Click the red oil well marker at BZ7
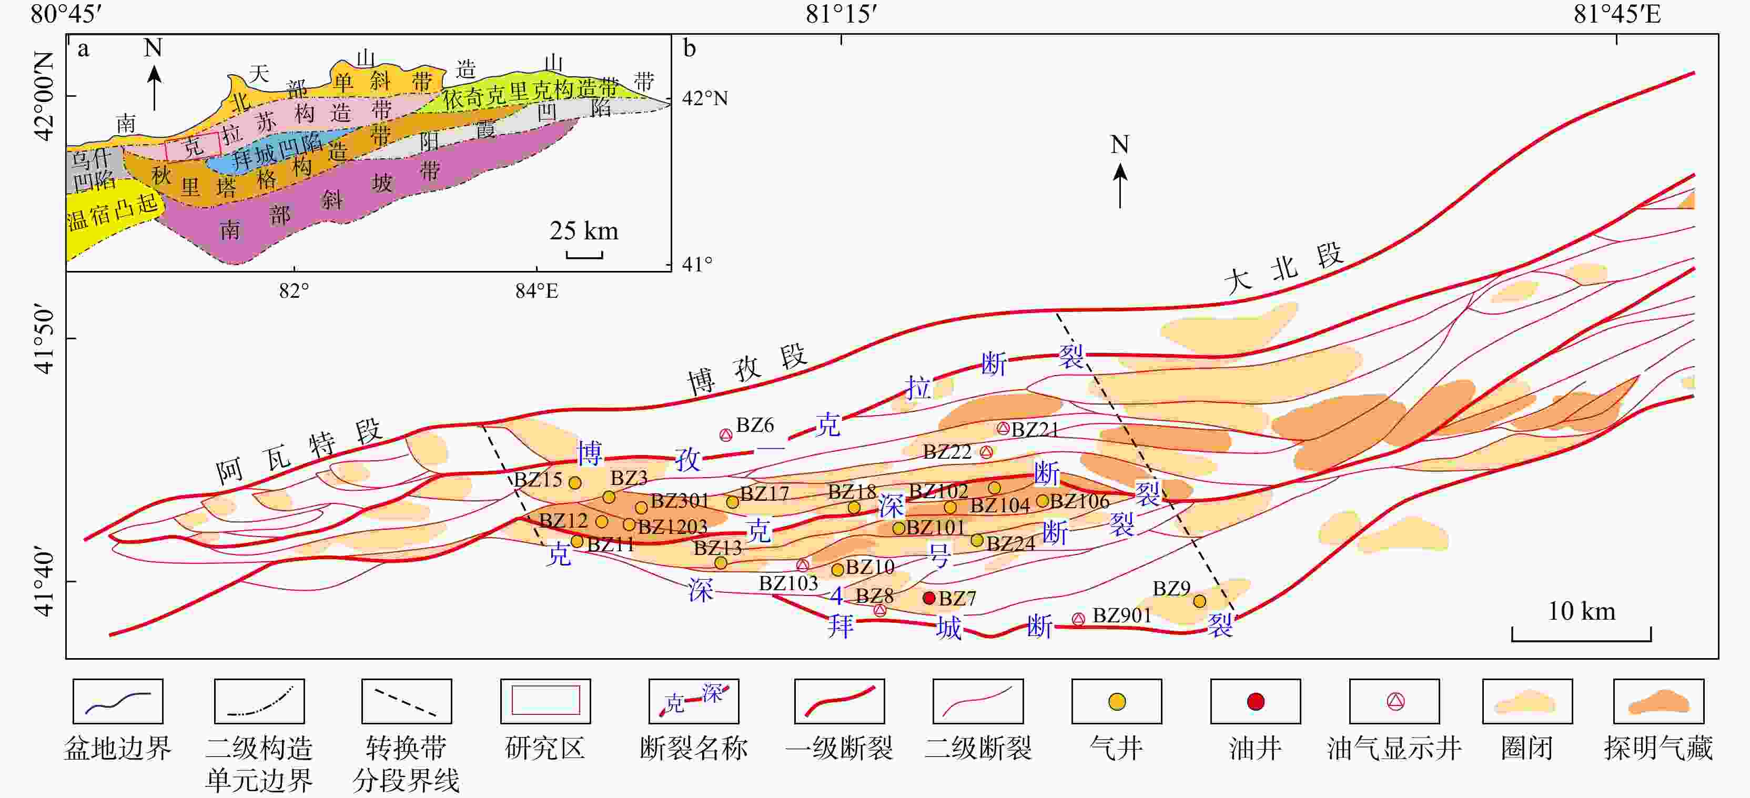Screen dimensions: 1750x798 click(929, 598)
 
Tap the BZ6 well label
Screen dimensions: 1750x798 click(755, 425)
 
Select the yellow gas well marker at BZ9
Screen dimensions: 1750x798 click(1200, 601)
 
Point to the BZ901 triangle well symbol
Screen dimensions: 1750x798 click(1078, 619)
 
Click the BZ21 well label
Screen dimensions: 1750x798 click(1035, 429)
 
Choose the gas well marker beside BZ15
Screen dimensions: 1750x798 click(575, 483)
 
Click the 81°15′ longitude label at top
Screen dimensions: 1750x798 click(842, 14)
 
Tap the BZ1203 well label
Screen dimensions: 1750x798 click(673, 527)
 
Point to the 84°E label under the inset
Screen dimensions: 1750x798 click(537, 291)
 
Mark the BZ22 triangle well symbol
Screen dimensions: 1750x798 click(986, 452)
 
